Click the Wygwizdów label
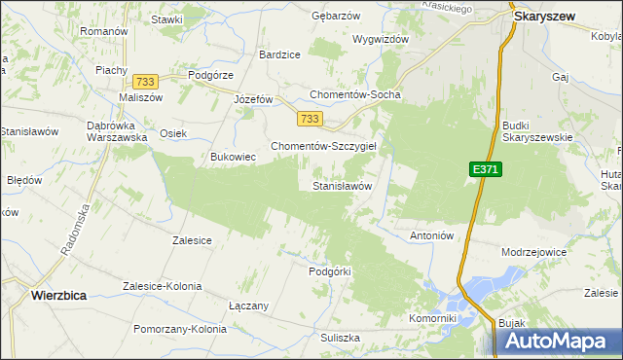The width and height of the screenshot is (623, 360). (381, 39)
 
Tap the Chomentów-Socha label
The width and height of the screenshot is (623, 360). (354, 95)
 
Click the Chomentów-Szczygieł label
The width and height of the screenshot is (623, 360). (329, 145)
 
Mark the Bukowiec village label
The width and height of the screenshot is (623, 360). (233, 156)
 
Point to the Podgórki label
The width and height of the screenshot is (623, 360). (328, 271)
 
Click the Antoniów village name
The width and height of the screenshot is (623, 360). (432, 235)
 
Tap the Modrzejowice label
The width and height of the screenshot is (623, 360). (533, 251)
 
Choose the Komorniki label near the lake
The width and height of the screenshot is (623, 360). (433, 318)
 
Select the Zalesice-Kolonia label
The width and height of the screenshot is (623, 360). (162, 286)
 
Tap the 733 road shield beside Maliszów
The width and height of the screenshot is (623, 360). (147, 82)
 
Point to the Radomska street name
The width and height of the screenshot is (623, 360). (76, 233)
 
